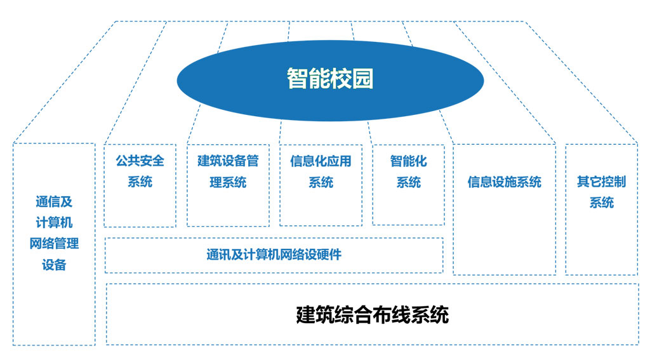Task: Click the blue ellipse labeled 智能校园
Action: click(x=330, y=81)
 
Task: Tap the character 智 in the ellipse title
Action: click(x=298, y=78)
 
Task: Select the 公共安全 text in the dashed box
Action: click(x=140, y=161)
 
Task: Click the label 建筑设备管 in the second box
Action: click(x=228, y=161)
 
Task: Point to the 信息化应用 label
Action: click(x=321, y=161)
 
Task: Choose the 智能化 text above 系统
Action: click(x=408, y=161)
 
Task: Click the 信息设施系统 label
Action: click(x=505, y=182)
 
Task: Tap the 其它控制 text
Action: click(x=602, y=181)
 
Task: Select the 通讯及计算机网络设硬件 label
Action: click(x=274, y=254)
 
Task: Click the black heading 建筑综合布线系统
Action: click(x=373, y=314)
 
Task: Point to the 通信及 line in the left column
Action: click(x=54, y=201)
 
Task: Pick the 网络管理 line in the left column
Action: click(x=54, y=243)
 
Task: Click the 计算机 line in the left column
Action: click(x=54, y=222)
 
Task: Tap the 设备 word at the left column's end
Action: click(x=54, y=265)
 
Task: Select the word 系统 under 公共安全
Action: click(x=140, y=182)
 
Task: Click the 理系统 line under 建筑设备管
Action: click(x=228, y=182)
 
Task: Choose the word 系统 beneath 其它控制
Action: click(x=602, y=203)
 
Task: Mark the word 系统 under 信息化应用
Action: click(x=321, y=182)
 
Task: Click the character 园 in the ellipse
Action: click(x=362, y=78)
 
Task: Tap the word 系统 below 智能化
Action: click(x=408, y=182)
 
